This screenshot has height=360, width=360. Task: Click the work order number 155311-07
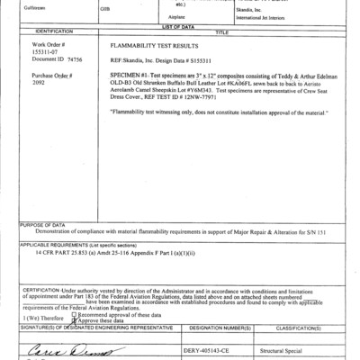(46, 52)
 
